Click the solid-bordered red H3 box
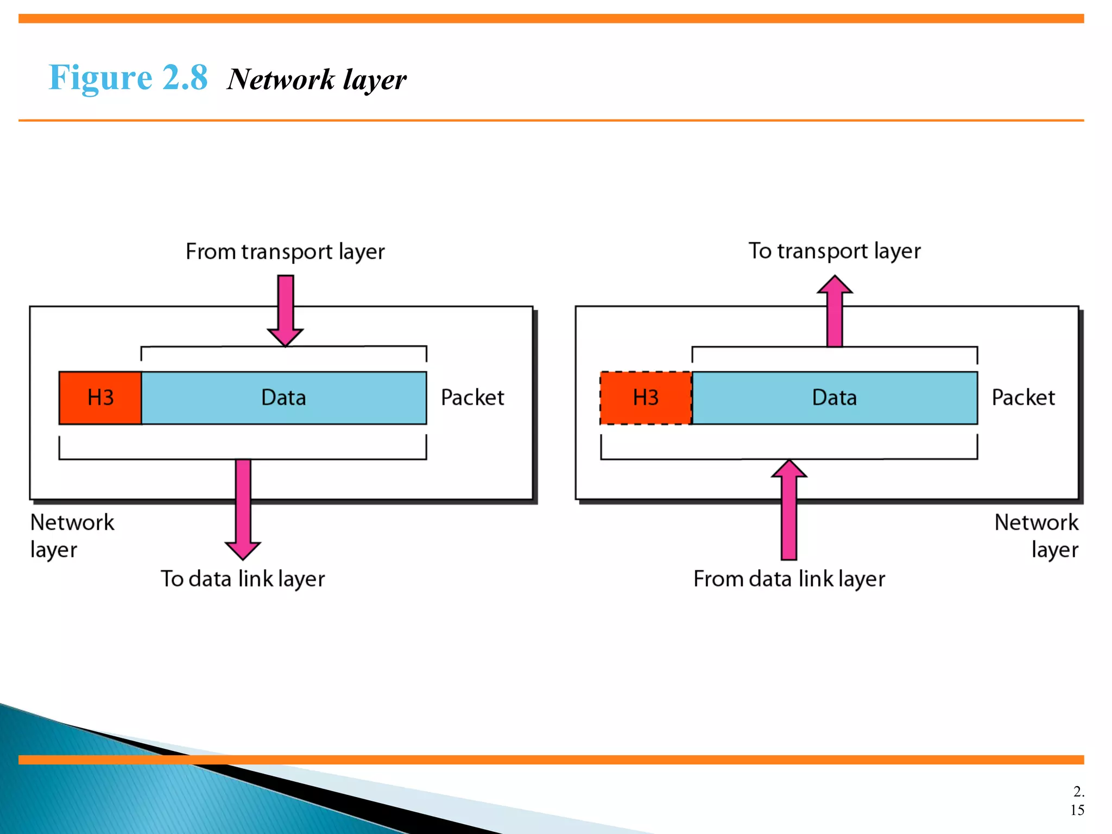click(x=100, y=398)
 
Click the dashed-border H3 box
click(x=646, y=398)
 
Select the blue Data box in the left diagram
click(x=284, y=398)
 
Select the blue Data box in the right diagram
click(x=835, y=398)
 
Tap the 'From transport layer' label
click(x=285, y=252)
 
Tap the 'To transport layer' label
click(x=835, y=251)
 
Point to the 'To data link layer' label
click(x=243, y=579)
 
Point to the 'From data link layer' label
click(x=789, y=579)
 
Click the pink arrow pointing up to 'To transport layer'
click(x=835, y=312)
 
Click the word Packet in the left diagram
click(x=472, y=398)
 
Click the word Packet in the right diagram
click(x=1023, y=398)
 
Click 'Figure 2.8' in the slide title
click(x=128, y=78)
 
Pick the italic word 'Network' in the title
click(x=281, y=80)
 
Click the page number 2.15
click(x=1078, y=800)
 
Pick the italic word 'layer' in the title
click(x=375, y=81)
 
